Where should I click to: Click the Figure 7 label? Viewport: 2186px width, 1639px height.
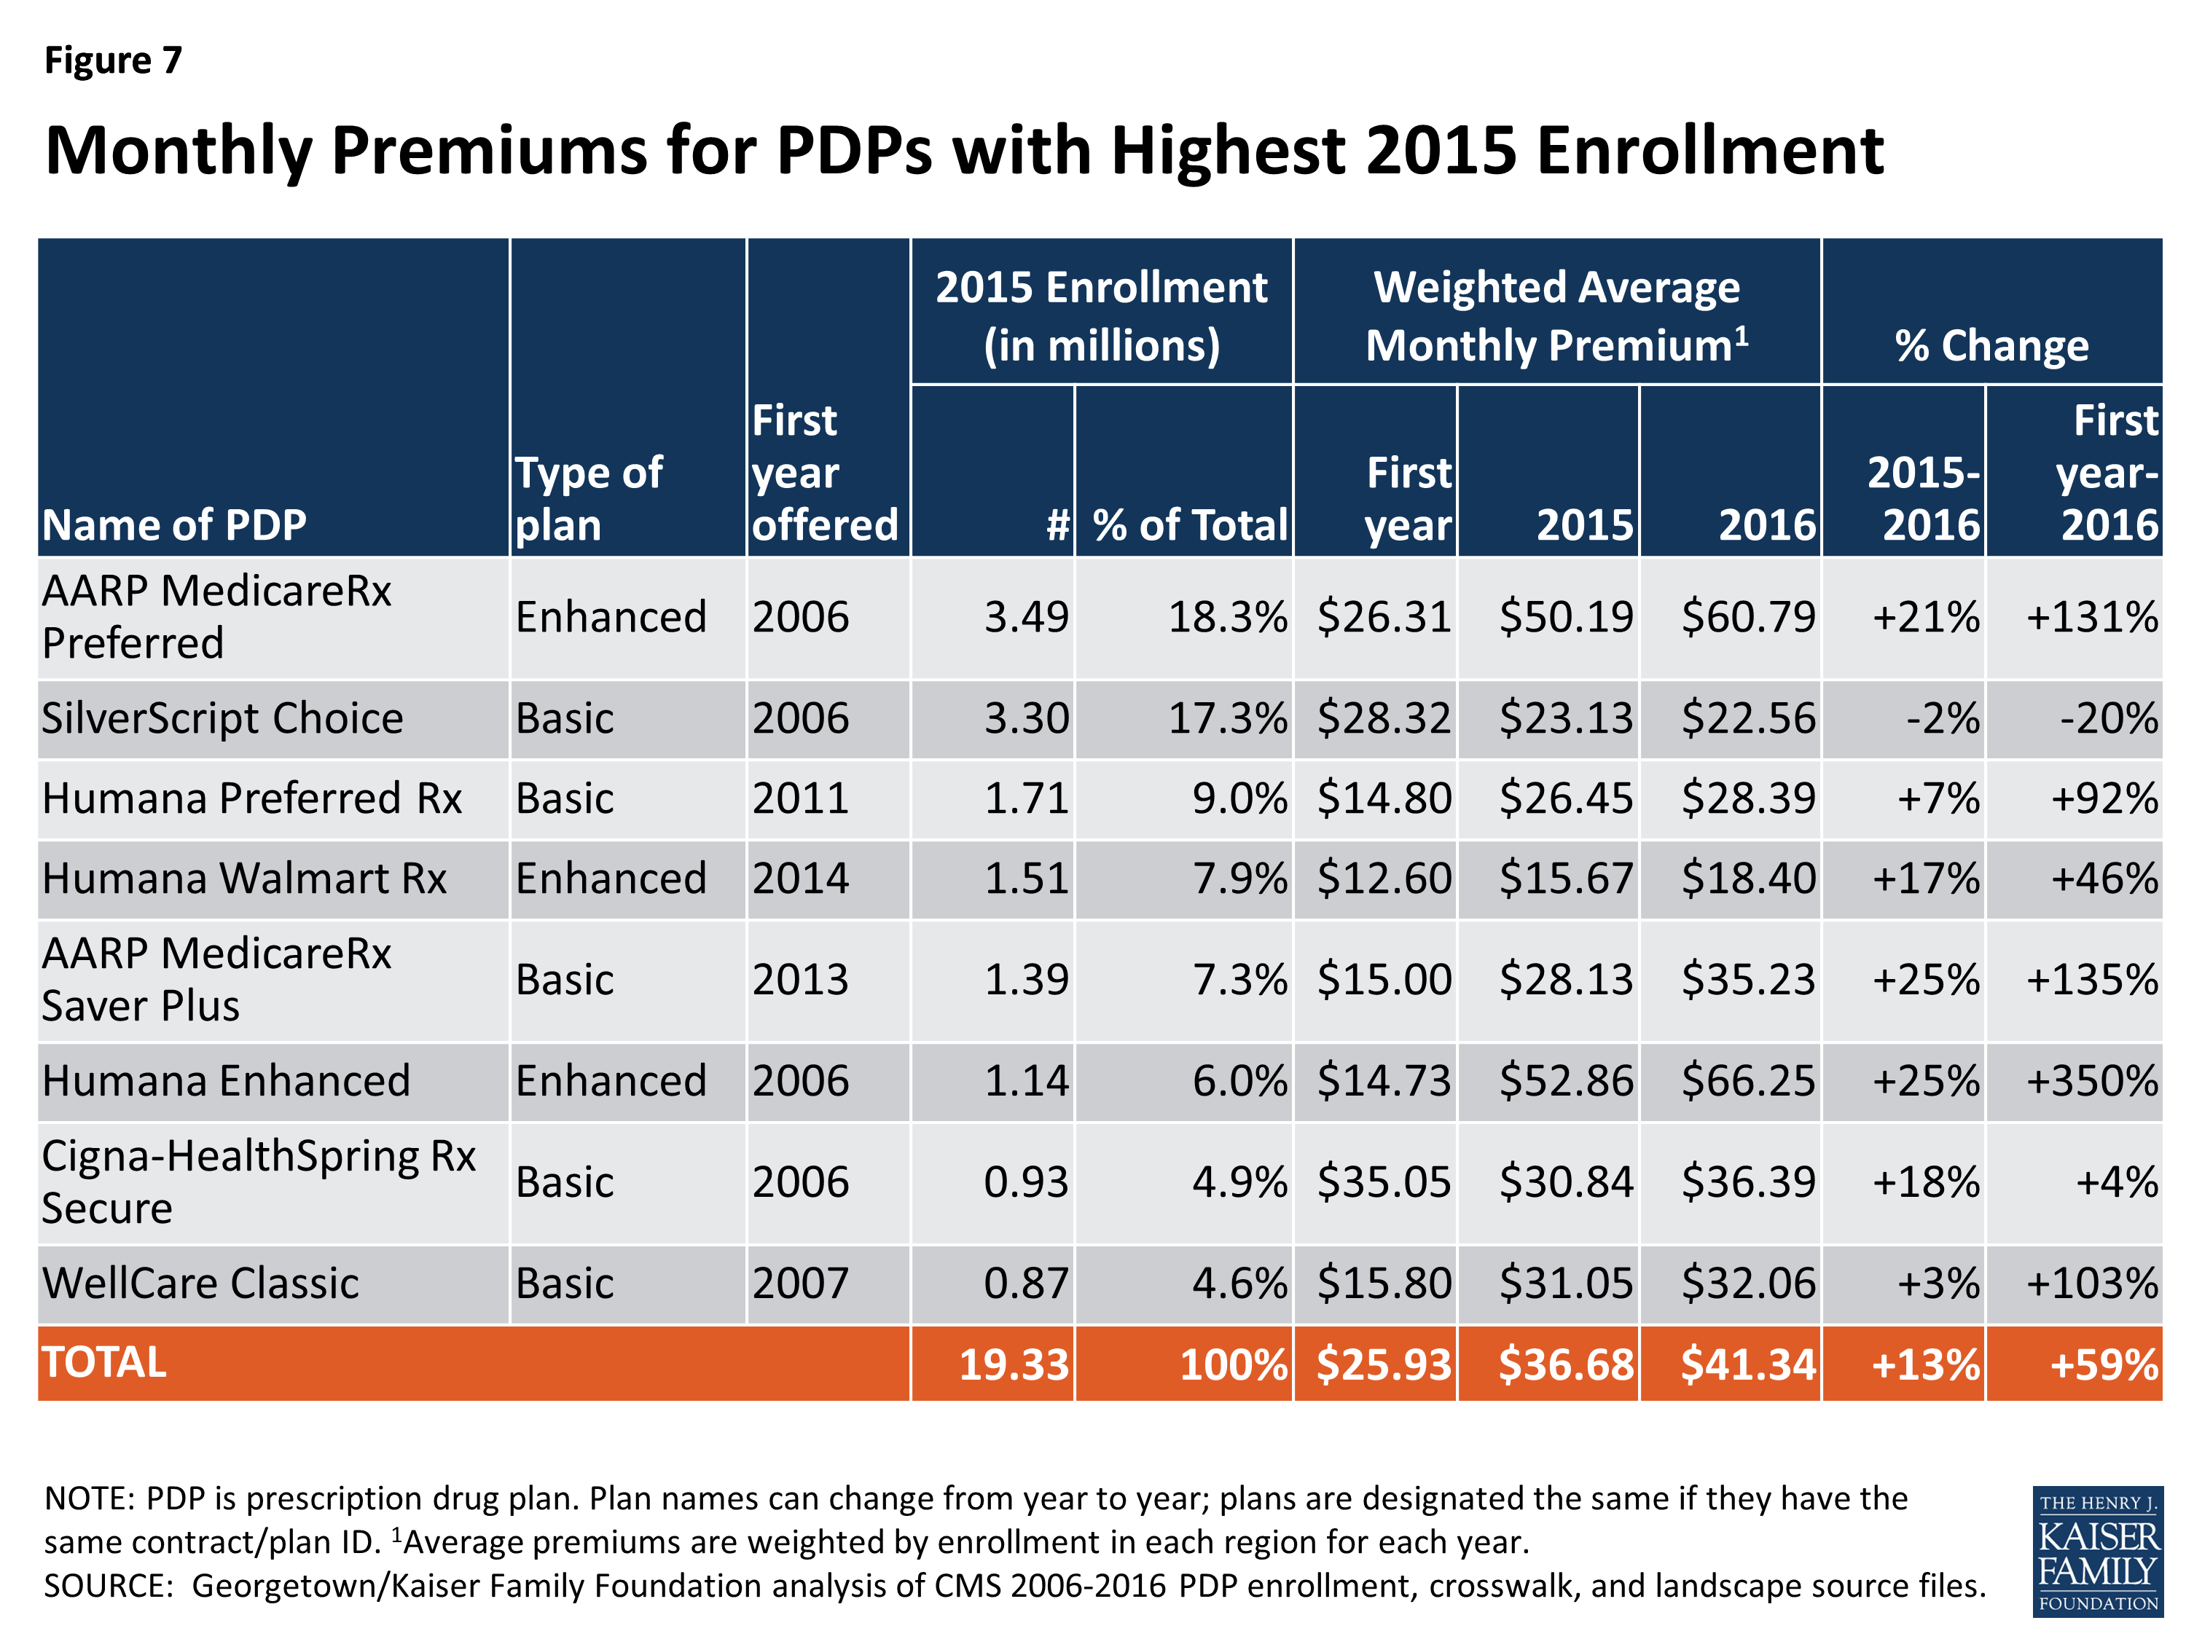click(113, 60)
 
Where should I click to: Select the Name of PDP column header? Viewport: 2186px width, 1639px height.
click(174, 524)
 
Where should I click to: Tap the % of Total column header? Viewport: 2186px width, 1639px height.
click(1190, 524)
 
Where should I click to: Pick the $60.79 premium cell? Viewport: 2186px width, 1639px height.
click(1747, 618)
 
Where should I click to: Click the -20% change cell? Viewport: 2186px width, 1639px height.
click(2108, 718)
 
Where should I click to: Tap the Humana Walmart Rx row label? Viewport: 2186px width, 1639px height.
click(244, 879)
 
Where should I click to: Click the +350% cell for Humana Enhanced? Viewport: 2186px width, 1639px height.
click(2091, 1081)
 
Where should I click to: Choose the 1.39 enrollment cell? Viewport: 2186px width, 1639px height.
click(1026, 980)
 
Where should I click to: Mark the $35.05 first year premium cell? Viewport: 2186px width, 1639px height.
click(1384, 1182)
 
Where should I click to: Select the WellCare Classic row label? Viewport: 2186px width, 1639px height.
click(200, 1284)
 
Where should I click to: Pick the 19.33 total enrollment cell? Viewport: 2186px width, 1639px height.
click(1014, 1364)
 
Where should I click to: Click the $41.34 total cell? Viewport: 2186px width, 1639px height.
click(1747, 1364)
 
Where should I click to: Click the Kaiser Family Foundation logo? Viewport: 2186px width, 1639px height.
click(2097, 1551)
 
